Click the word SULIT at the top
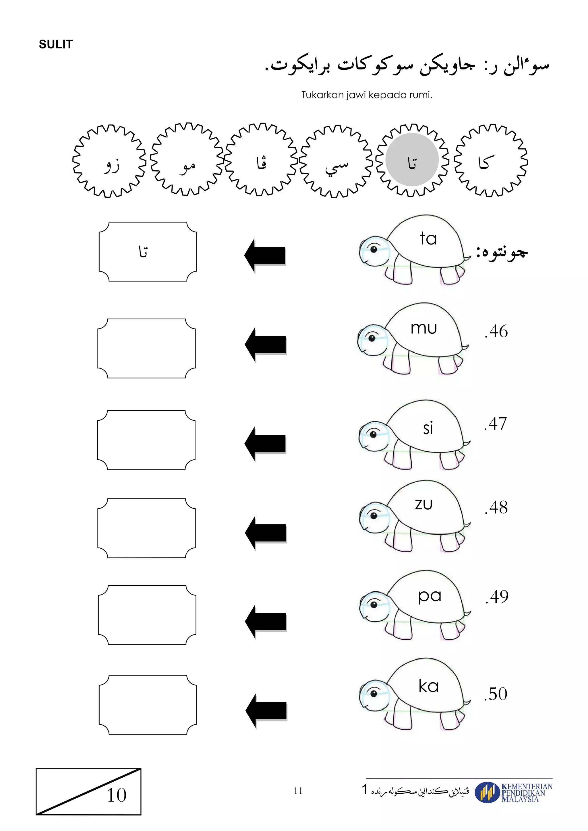pyautogui.click(x=56, y=44)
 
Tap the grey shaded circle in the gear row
pyautogui.click(x=412, y=160)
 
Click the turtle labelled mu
pyautogui.click(x=413, y=339)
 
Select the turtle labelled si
pyautogui.click(x=414, y=434)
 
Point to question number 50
pyautogui.click(x=495, y=694)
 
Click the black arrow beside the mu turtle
pyautogui.click(x=265, y=345)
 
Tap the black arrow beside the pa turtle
pyautogui.click(x=266, y=622)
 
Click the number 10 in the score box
pyautogui.click(x=117, y=795)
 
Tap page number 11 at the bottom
pyautogui.click(x=298, y=791)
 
